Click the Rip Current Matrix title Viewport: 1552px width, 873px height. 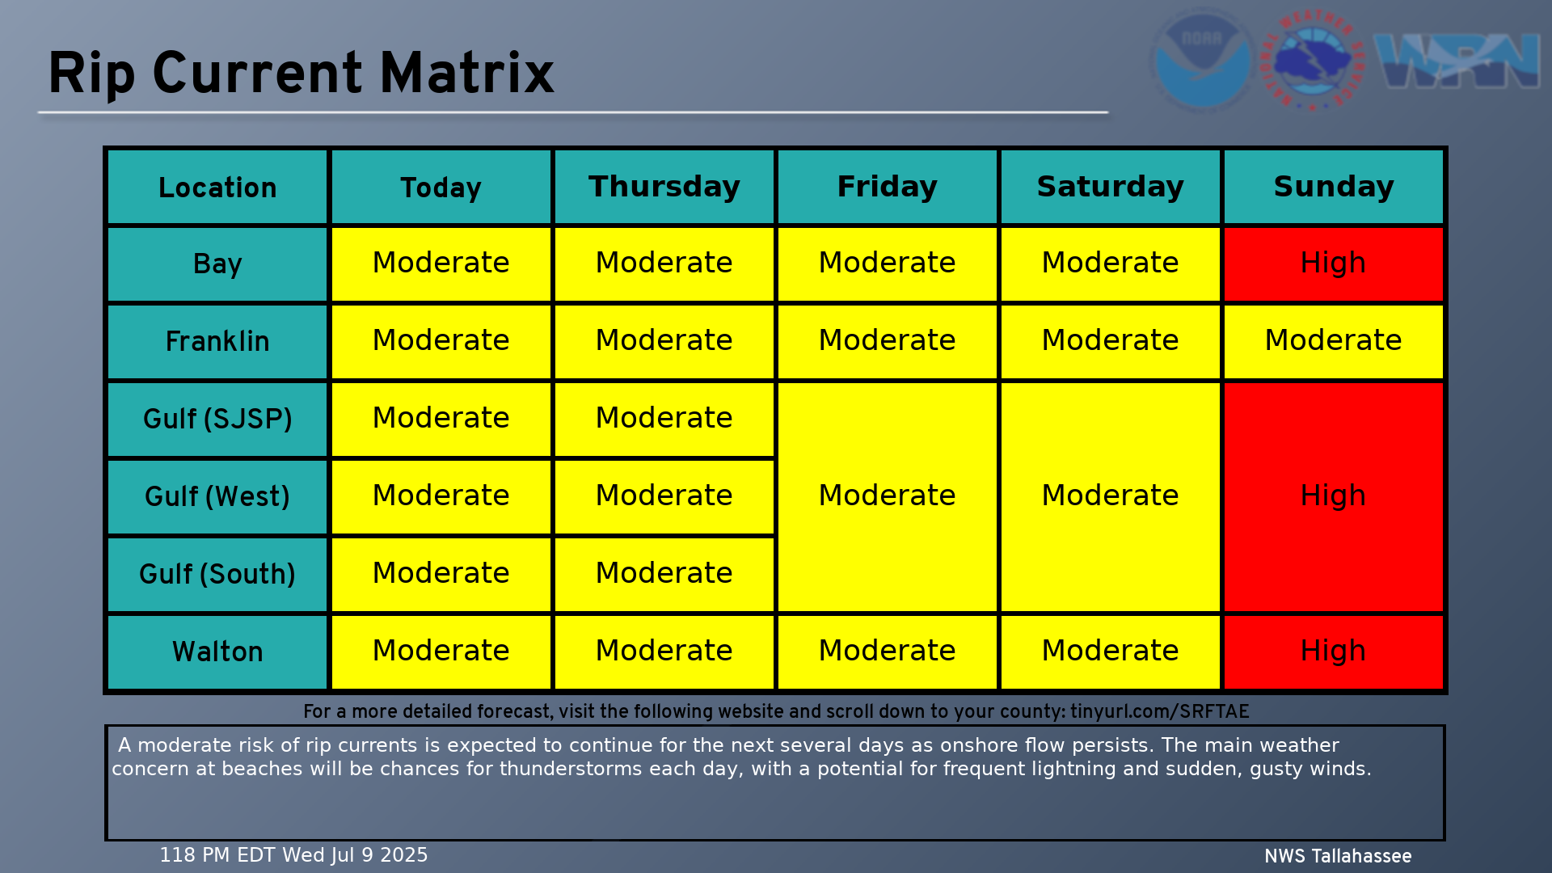point(301,74)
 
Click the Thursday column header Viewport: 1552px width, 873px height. point(664,187)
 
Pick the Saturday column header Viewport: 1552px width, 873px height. point(1111,187)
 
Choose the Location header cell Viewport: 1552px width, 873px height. point(217,187)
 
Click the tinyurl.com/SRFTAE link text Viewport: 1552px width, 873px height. point(1160,711)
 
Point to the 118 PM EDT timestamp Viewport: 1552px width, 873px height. point(293,855)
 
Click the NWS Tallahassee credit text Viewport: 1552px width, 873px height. point(1338,856)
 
